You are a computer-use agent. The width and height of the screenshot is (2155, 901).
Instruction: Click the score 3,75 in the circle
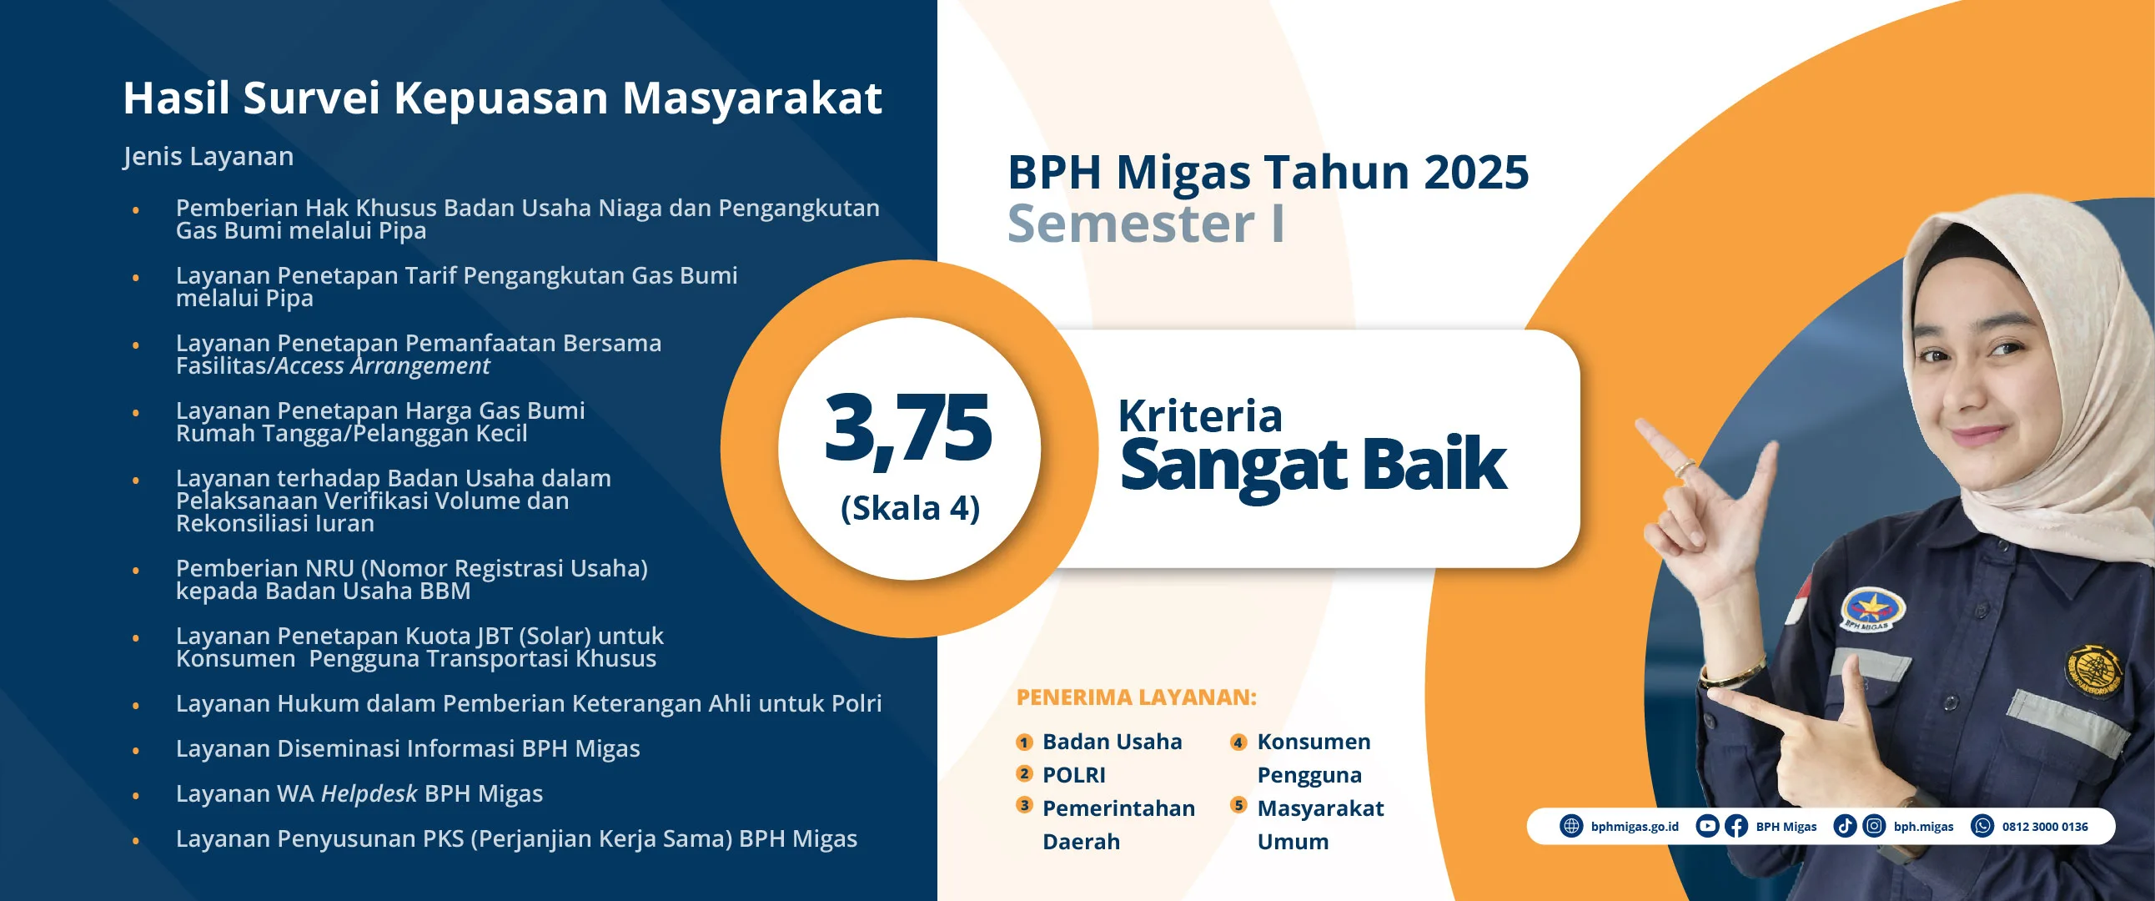(x=907, y=428)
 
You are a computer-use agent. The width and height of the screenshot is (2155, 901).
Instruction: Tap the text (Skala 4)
(x=910, y=508)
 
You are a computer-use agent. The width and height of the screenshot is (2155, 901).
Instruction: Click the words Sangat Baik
(x=1313, y=466)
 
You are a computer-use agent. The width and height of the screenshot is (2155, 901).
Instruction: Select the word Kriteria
(x=1199, y=415)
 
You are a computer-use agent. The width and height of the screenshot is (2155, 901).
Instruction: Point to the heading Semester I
(x=1146, y=224)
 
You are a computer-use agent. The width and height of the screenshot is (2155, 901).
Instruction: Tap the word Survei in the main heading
(x=311, y=98)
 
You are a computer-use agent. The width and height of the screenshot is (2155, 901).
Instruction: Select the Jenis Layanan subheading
(x=208, y=157)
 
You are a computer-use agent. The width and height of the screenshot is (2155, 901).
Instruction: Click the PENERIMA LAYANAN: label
(x=1136, y=697)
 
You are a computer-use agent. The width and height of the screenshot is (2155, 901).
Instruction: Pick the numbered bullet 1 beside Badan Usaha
(x=1024, y=742)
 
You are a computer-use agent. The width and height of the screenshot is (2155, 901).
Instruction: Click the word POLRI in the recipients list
(x=1074, y=775)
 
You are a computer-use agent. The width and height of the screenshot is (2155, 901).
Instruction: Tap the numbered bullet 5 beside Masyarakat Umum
(x=1239, y=805)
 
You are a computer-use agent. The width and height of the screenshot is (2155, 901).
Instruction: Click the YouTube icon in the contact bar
(x=1706, y=827)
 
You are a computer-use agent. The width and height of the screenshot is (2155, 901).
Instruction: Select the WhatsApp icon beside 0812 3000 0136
(x=1982, y=827)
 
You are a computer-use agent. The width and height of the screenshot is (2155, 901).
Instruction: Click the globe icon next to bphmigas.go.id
(x=1571, y=827)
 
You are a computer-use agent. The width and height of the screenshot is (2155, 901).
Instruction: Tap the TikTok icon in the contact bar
(x=1845, y=827)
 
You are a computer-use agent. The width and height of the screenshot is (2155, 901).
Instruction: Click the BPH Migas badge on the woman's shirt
(x=1873, y=608)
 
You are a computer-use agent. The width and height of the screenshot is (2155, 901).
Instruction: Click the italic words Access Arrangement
(x=382, y=366)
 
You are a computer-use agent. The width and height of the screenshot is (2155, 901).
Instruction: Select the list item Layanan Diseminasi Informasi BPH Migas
(x=408, y=748)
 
